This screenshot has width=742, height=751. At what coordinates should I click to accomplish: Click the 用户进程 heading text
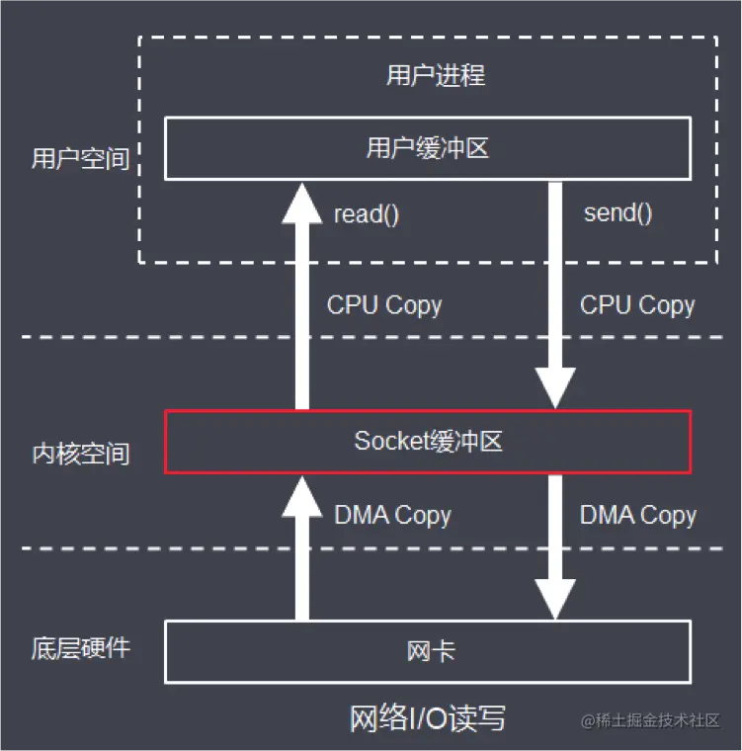[x=436, y=76]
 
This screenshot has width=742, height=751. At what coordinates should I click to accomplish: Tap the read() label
[x=367, y=214]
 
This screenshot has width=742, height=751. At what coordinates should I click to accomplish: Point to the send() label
[x=618, y=212]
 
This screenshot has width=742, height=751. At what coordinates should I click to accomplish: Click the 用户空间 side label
[x=80, y=158]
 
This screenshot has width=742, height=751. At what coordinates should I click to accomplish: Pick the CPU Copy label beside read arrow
[x=384, y=305]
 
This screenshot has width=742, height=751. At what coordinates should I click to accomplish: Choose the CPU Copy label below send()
[x=637, y=305]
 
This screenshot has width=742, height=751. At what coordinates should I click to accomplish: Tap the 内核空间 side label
[x=80, y=454]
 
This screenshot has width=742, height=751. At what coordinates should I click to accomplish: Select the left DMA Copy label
[x=393, y=516]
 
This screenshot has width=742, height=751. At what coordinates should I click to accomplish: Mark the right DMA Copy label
[x=638, y=516]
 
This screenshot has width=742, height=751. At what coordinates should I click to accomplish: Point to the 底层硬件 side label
[x=80, y=648]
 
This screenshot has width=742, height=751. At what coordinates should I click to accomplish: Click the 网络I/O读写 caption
[x=427, y=718]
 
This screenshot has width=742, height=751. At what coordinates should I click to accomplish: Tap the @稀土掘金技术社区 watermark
[x=650, y=720]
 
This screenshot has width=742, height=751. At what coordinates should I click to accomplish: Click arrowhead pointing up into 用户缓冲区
[x=302, y=204]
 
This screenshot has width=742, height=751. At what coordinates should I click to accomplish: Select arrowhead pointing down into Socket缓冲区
[x=555, y=388]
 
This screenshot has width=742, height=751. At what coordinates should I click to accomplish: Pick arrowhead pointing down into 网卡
[x=555, y=599]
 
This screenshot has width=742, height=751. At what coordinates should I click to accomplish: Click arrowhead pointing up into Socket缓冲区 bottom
[x=302, y=496]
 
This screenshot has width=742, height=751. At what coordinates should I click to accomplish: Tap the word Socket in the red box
[x=390, y=441]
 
